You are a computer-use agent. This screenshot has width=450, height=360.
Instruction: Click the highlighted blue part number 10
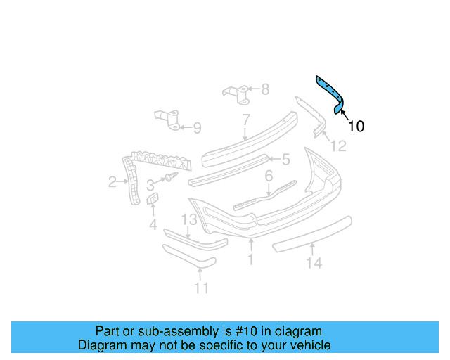pos(330,92)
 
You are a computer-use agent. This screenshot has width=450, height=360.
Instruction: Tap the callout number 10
pos(356,127)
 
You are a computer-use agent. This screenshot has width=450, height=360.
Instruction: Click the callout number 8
pos(265,89)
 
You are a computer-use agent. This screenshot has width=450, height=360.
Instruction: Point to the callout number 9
pos(197,128)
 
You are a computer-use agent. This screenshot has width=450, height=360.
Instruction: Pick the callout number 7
pos(246,119)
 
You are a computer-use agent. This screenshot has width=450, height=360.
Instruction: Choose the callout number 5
pos(286,160)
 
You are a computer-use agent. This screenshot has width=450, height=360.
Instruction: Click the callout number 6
pos(269,176)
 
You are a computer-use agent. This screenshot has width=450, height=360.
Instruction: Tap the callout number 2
pos(112,183)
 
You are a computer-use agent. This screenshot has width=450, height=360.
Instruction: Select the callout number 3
pos(150,185)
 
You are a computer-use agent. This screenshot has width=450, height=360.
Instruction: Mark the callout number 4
pos(153,225)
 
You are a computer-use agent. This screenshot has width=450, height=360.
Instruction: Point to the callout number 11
pos(202,288)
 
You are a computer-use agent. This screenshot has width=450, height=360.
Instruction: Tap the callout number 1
pos(250,259)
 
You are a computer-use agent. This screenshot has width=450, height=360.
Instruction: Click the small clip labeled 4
pos(153,202)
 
